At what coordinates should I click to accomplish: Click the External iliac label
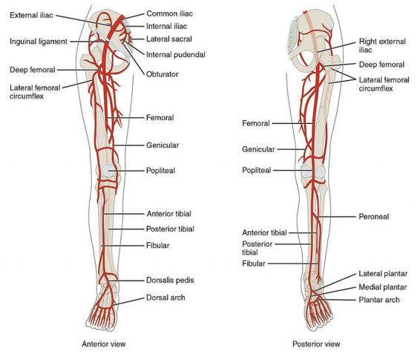point(31,15)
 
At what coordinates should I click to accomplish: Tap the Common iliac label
point(169,13)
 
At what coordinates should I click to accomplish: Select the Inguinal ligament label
point(39,42)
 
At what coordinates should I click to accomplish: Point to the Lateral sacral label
point(169,39)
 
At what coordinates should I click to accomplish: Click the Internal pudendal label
point(175,55)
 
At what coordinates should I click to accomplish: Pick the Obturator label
point(162,74)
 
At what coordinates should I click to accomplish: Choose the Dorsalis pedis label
point(170,280)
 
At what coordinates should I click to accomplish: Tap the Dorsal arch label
point(165,298)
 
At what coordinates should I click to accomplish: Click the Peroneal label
point(374,217)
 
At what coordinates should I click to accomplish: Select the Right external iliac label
point(382,46)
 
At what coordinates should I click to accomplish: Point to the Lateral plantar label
point(383,274)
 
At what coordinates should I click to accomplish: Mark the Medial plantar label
point(382,287)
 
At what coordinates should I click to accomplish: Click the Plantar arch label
point(379,300)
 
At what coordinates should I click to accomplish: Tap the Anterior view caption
point(104,344)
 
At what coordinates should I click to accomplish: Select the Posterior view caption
point(316,344)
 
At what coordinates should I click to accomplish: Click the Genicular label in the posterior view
point(258,149)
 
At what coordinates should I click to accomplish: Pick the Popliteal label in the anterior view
point(160,171)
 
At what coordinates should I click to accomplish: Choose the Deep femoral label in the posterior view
point(381,65)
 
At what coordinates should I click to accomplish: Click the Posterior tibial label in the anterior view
point(170,229)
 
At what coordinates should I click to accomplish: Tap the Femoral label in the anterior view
point(160,117)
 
